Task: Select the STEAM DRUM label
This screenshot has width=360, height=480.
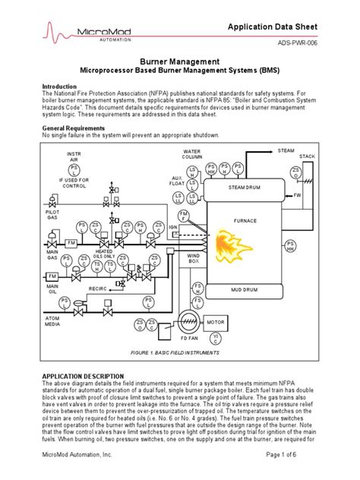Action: point(245,185)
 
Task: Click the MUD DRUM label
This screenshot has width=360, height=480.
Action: point(245,290)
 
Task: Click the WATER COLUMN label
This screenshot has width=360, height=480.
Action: point(192,154)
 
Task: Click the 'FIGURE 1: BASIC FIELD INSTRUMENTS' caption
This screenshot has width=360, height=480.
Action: point(179,354)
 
